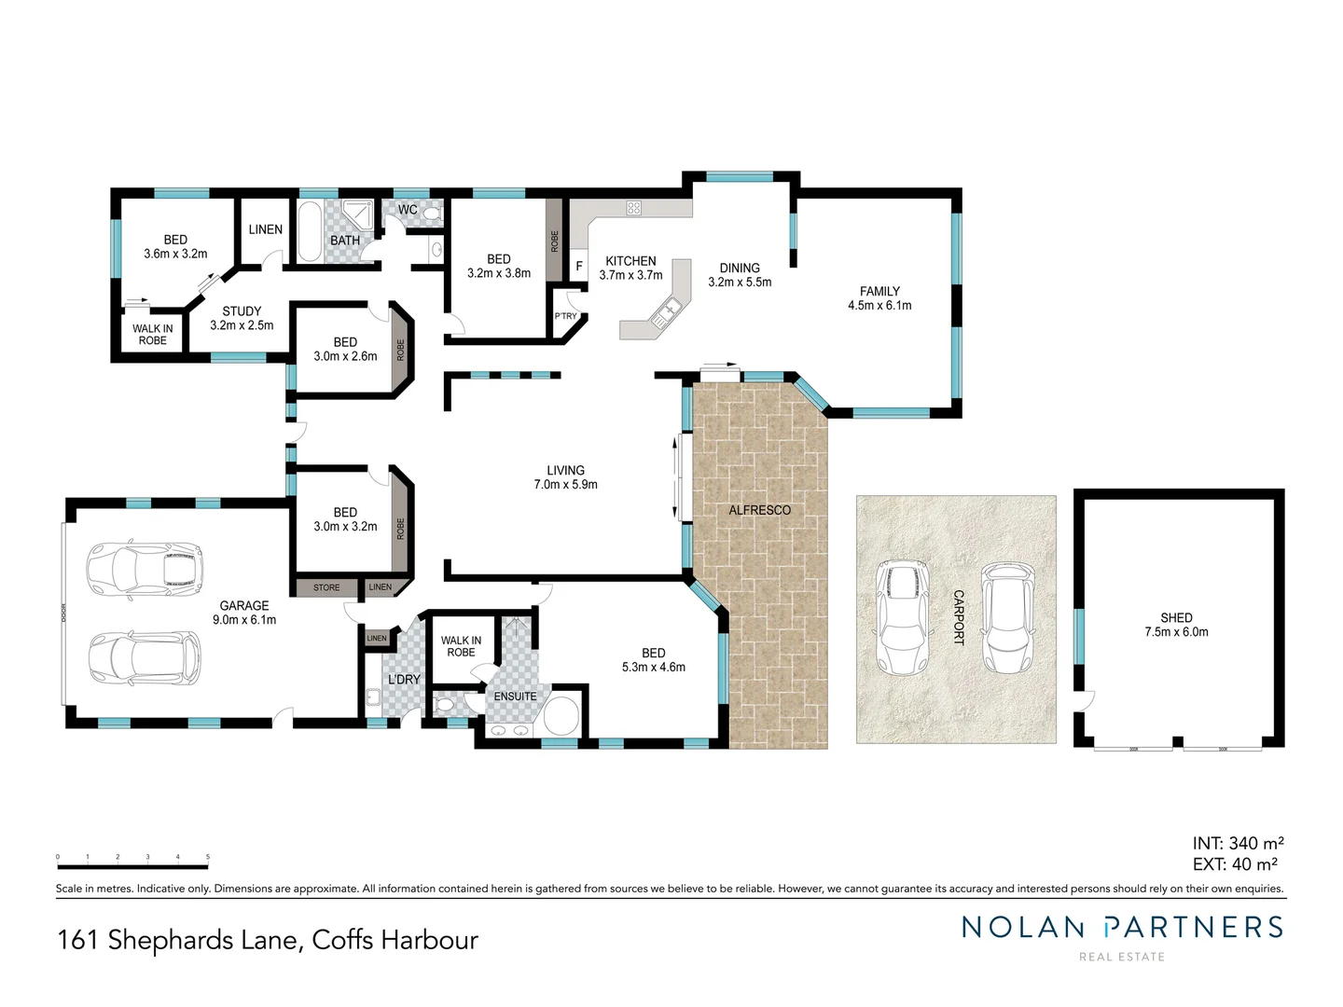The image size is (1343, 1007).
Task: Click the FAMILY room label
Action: (879, 292)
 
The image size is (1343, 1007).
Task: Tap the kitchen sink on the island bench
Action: (668, 312)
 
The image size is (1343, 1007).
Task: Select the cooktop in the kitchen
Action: (633, 208)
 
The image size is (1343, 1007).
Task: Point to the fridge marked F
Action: (578, 266)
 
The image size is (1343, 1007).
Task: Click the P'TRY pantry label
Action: (566, 316)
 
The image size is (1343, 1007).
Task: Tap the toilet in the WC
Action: (431, 214)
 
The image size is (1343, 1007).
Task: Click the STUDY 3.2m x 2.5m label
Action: (242, 319)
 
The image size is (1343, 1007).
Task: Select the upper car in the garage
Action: (145, 568)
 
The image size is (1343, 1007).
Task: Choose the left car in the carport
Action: (902, 616)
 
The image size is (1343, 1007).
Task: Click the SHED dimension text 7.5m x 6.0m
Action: (1176, 632)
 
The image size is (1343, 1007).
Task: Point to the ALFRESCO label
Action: (759, 510)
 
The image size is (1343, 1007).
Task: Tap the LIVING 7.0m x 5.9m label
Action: (565, 477)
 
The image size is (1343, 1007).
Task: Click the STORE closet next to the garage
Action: (326, 587)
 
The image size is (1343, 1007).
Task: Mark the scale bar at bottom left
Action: (132, 866)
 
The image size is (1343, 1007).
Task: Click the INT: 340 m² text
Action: (1238, 843)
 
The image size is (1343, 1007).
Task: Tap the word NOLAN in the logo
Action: (1023, 927)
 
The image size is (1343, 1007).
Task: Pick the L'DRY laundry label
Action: (404, 680)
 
